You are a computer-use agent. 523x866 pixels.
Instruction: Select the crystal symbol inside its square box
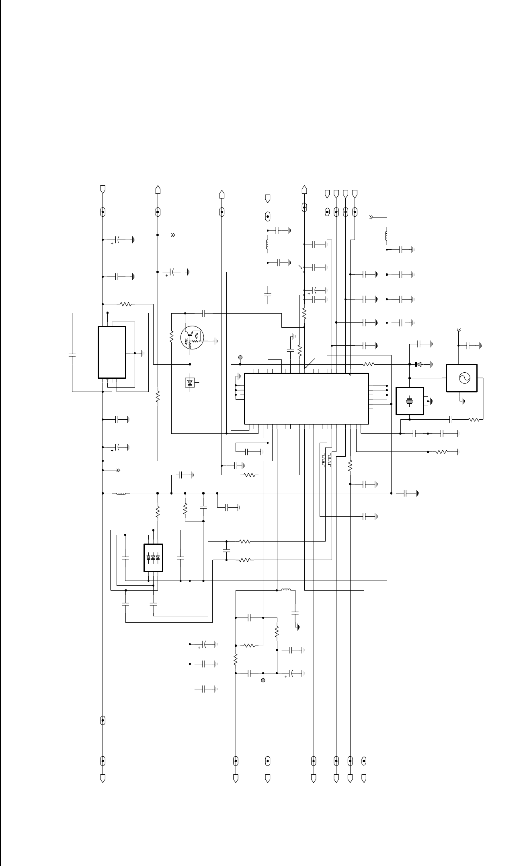point(410,401)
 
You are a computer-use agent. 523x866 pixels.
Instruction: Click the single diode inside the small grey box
point(190,382)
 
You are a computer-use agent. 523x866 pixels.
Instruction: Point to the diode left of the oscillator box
point(418,364)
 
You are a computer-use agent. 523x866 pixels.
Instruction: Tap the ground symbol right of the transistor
point(216,341)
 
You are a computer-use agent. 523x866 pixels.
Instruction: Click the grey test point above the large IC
point(240,357)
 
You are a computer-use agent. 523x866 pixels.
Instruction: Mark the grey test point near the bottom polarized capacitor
point(263,681)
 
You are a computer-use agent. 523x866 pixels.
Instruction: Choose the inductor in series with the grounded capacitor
point(286,591)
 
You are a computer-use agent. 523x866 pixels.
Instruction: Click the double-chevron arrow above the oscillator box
point(459,330)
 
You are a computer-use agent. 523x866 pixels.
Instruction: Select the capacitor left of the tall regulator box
point(72,355)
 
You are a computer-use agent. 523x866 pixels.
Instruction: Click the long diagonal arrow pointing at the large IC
point(310,363)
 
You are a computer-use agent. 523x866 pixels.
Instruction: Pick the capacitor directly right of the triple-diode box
point(180,558)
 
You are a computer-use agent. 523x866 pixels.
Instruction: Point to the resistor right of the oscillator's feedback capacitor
point(474,420)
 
